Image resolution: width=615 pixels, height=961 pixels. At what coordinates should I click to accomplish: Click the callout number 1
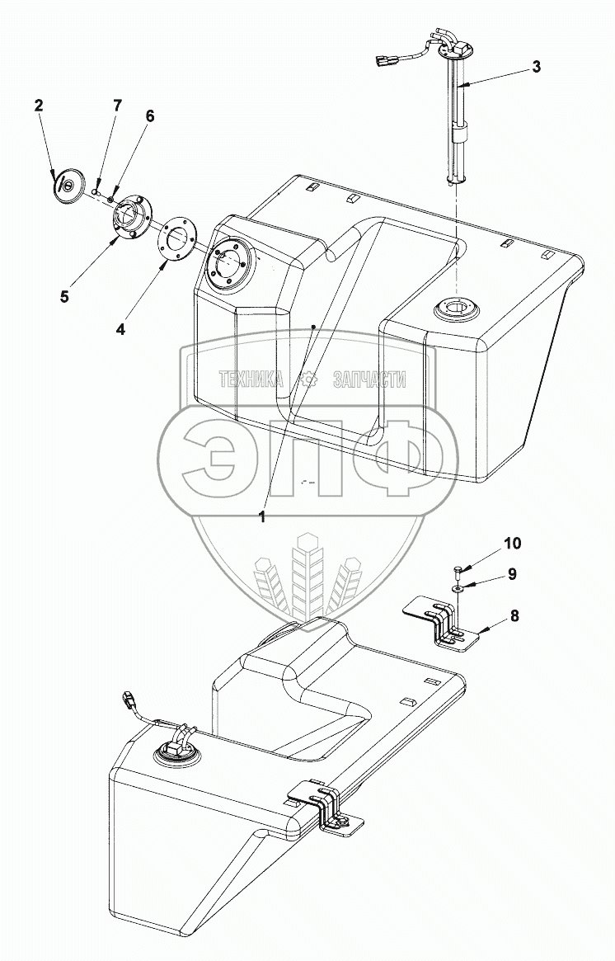click(262, 517)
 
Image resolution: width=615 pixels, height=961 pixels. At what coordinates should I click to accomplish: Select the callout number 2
click(39, 106)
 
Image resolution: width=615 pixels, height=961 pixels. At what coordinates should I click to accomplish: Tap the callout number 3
click(536, 67)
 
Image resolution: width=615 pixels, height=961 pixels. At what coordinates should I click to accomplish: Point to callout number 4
click(120, 329)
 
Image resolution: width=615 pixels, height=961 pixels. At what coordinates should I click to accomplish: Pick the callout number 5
click(64, 297)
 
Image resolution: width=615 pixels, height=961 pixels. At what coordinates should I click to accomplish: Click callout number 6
click(150, 116)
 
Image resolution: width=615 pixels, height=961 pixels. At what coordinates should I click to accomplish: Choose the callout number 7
click(117, 105)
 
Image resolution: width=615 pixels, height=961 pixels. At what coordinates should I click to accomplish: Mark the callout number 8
click(514, 615)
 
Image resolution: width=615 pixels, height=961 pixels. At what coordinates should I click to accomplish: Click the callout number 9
click(511, 574)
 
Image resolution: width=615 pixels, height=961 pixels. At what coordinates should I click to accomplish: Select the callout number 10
click(513, 543)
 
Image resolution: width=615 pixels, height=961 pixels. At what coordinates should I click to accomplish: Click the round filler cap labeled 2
click(68, 184)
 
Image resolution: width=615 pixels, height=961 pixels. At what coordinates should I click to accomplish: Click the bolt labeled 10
click(457, 572)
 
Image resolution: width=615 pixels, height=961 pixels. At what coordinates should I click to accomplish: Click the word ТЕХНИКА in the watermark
click(251, 380)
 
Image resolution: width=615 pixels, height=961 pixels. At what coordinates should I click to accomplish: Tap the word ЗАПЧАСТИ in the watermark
click(369, 380)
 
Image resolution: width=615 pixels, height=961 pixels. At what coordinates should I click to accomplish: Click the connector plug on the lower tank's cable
click(130, 699)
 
